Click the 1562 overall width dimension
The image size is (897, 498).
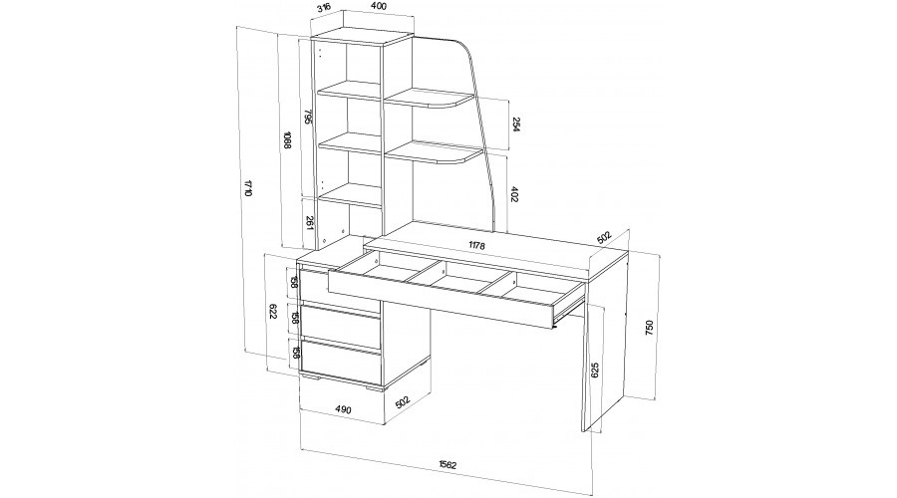coord(448,464)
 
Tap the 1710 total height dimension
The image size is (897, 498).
coord(248,188)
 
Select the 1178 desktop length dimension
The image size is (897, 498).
coord(476,245)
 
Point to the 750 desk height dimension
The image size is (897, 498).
coord(648,327)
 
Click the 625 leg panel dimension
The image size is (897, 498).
coord(595,372)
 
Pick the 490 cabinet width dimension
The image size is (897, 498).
coord(342,409)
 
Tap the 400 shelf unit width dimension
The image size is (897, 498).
coord(378,6)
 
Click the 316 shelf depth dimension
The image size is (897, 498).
coord(324,9)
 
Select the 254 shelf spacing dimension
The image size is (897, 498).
coord(515,124)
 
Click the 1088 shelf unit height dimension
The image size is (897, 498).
coord(287,140)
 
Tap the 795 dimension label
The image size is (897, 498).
coord(307,118)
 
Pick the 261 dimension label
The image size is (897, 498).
coord(309,223)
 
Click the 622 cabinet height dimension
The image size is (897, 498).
coord(272,312)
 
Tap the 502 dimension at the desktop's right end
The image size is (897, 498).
coord(604,238)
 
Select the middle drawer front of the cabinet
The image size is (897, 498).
coord(342,327)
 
